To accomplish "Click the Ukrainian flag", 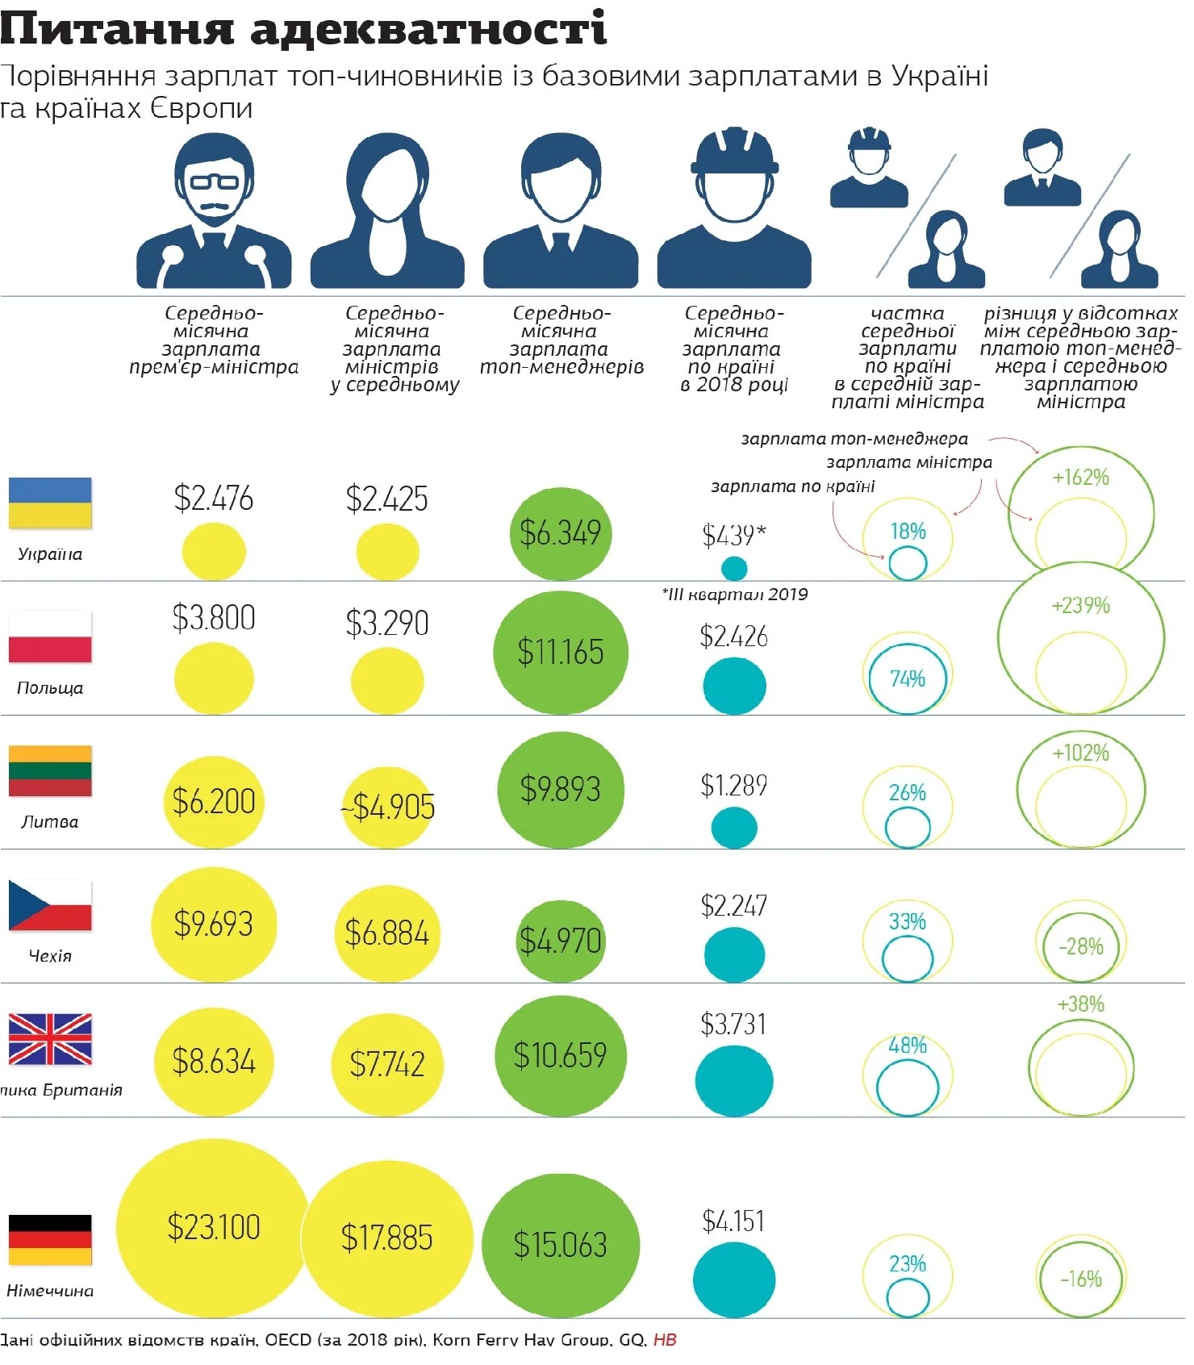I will (50, 503).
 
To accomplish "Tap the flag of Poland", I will (50, 637).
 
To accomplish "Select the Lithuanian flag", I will (50, 770).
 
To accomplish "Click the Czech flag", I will (50, 904).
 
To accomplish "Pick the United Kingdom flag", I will (50, 1039).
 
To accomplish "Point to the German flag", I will (50, 1240).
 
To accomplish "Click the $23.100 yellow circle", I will (213, 1227).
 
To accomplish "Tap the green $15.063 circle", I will (560, 1244).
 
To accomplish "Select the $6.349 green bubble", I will (560, 533).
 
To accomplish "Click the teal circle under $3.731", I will (733, 1081).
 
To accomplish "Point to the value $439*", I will (733, 535).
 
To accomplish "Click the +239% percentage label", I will (1080, 605).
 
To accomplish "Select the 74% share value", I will (907, 678).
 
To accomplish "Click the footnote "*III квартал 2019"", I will (734, 595).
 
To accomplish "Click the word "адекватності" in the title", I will (428, 29).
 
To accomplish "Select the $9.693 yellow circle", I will (214, 924).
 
